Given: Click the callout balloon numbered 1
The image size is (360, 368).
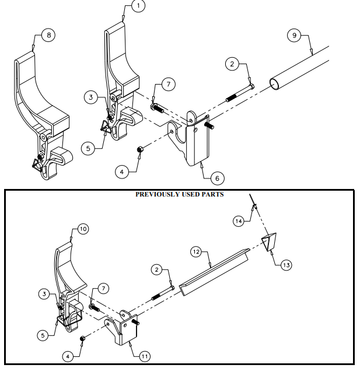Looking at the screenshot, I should (x=138, y=6).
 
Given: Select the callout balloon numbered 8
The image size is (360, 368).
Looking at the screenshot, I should (x=48, y=35).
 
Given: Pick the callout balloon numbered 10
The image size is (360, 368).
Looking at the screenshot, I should (x=82, y=229).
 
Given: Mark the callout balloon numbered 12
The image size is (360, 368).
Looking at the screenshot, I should (x=197, y=251).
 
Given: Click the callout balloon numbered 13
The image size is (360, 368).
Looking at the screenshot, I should (x=285, y=265).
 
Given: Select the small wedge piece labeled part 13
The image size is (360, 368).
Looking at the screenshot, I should (x=271, y=241).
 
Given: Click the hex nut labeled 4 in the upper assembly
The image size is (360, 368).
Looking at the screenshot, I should (x=140, y=150).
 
